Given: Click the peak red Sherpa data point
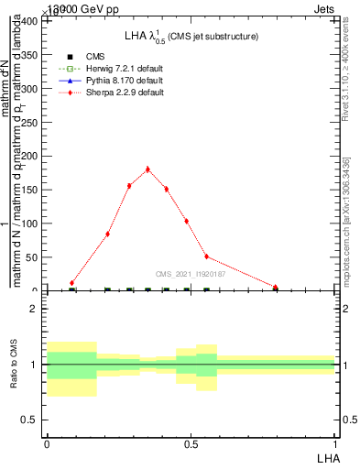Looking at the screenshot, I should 147,169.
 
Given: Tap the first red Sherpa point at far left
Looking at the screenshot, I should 72,283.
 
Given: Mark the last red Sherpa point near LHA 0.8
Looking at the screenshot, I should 275,287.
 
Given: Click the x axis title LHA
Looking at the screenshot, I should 327,456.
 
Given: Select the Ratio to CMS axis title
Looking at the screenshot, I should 15,365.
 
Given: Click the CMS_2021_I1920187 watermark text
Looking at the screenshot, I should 189,273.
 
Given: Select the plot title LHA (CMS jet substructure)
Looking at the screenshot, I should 191,37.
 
